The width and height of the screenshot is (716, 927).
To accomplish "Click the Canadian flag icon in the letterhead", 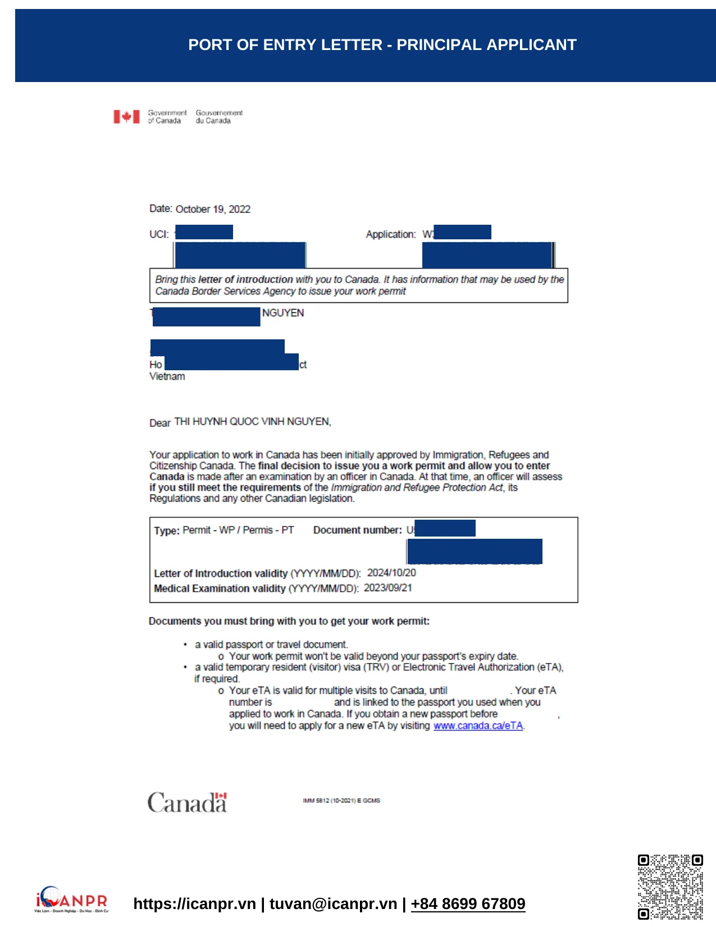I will tap(126, 117).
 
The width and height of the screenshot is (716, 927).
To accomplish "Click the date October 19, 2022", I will tap(212, 209).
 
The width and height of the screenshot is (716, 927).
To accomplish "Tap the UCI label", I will tap(158, 234).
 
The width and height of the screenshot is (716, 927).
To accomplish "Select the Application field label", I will tap(390, 234).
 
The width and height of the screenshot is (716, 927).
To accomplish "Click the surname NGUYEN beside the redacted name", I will tap(282, 313).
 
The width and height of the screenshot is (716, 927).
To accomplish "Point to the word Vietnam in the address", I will tap(167, 376).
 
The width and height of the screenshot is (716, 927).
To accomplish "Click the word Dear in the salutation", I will tap(159, 423).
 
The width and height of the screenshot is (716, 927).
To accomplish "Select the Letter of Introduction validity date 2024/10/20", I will tap(391, 572).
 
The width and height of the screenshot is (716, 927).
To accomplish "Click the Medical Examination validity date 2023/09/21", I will tap(387, 588).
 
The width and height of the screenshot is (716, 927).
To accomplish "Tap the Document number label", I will tap(357, 530).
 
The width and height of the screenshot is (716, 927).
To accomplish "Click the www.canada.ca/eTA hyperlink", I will tap(478, 726).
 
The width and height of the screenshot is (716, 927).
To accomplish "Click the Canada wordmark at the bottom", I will tap(187, 803).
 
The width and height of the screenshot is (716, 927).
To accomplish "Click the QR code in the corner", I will tap(670, 887).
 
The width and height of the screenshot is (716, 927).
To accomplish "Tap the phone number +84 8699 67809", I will tap(468, 903).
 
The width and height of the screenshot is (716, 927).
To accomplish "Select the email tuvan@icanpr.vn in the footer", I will tap(333, 903).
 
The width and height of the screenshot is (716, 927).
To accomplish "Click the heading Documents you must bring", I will tap(289, 621).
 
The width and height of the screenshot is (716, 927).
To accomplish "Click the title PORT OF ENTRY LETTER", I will tap(382, 45).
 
